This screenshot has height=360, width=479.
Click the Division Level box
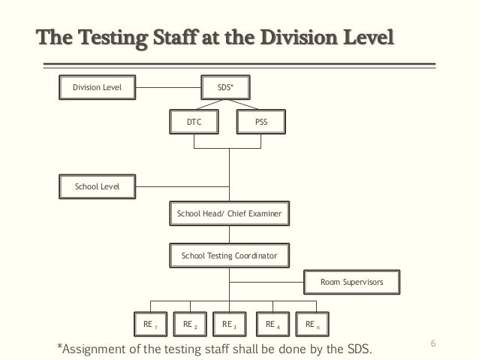[x=97, y=87]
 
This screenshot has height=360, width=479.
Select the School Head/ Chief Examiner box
[x=229, y=214]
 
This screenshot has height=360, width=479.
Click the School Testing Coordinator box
[x=229, y=256]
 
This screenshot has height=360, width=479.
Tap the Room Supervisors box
[x=351, y=282]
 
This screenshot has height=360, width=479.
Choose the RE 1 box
[x=151, y=324]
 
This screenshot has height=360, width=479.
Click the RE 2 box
[x=191, y=324]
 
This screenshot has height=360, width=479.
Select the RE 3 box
[x=230, y=324]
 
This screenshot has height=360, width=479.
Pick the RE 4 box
[x=273, y=324]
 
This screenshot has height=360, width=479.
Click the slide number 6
[x=433, y=343]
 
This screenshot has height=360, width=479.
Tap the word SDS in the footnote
[x=357, y=349]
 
